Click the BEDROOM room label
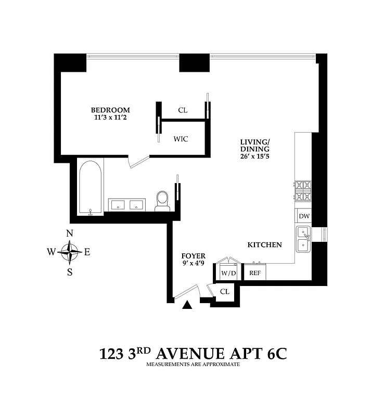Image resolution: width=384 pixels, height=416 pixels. tap(110, 110)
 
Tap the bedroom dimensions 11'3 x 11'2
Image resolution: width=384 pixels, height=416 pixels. tap(110, 118)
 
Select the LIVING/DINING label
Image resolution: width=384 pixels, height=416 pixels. tap(255, 146)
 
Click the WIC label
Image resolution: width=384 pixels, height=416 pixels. tap(181, 139)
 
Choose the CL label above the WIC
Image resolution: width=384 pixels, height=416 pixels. tap(183, 110)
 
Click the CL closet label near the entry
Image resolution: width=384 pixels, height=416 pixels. tap(224, 292)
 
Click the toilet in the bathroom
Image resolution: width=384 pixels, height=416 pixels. tap(163, 200)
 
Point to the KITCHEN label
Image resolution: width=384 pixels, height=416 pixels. tap(264, 244)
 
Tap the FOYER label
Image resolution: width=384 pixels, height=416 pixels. tap(193, 256)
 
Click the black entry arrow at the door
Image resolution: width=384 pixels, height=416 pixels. tap(188, 306)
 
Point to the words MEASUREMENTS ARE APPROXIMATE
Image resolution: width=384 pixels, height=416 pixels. tap(193, 365)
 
